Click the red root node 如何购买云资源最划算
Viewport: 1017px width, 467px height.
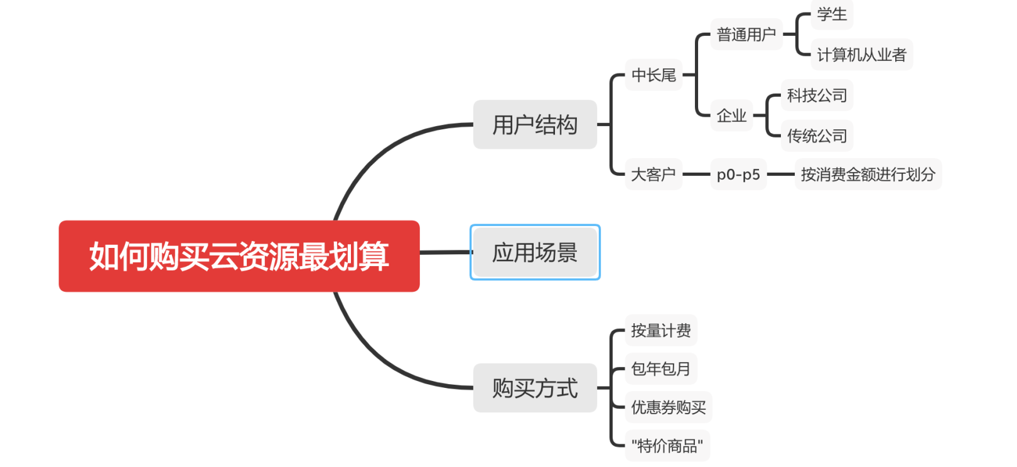(x=239, y=256)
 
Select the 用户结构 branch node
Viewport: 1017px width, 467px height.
(x=535, y=124)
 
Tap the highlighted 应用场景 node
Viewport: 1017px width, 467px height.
(x=535, y=252)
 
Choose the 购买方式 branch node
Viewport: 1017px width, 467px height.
(x=535, y=388)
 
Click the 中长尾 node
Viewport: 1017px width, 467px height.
(x=654, y=75)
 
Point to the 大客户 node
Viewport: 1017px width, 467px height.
(x=654, y=174)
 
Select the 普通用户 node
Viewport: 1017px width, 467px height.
(x=746, y=35)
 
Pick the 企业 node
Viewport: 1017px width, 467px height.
(x=731, y=115)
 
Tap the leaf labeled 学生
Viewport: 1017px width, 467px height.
(x=832, y=14)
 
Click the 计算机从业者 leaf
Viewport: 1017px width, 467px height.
(x=861, y=55)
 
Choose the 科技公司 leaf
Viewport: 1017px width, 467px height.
(x=817, y=95)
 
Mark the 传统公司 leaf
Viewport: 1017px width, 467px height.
(x=817, y=136)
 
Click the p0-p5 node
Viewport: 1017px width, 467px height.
(x=738, y=174)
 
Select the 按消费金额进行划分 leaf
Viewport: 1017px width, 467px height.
(x=868, y=174)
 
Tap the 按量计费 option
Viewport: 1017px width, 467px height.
(x=660, y=330)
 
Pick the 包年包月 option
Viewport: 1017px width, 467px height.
(x=660, y=368)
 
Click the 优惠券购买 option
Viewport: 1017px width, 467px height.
(x=668, y=407)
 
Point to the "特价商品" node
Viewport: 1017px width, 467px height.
(x=667, y=446)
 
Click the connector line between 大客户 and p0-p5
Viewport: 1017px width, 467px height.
(x=696, y=174)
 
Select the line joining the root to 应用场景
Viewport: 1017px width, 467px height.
(x=445, y=252)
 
